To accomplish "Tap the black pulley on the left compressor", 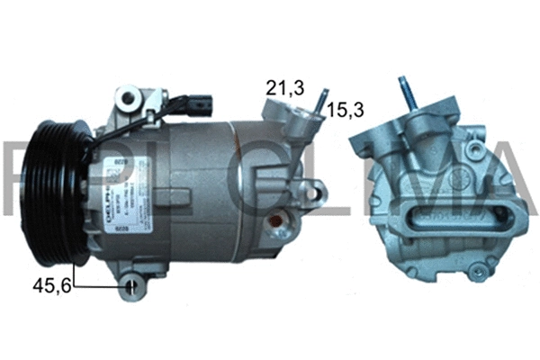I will click(x=60, y=197).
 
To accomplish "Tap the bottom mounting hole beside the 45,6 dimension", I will click(x=133, y=288).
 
